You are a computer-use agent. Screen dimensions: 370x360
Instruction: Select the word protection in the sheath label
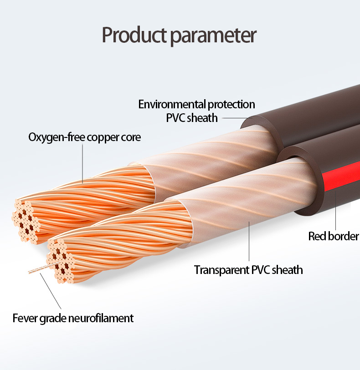231,104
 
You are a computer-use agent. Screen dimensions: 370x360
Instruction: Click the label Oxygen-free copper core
85,137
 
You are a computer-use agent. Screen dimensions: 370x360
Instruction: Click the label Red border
334,236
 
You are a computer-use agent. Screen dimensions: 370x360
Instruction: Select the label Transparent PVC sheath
248,270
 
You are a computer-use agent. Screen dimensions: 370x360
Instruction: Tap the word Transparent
222,270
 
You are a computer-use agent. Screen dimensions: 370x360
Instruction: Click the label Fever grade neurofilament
73,318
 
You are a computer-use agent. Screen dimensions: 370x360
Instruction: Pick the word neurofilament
101,318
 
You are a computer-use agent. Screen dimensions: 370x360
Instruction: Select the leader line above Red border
335,209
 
